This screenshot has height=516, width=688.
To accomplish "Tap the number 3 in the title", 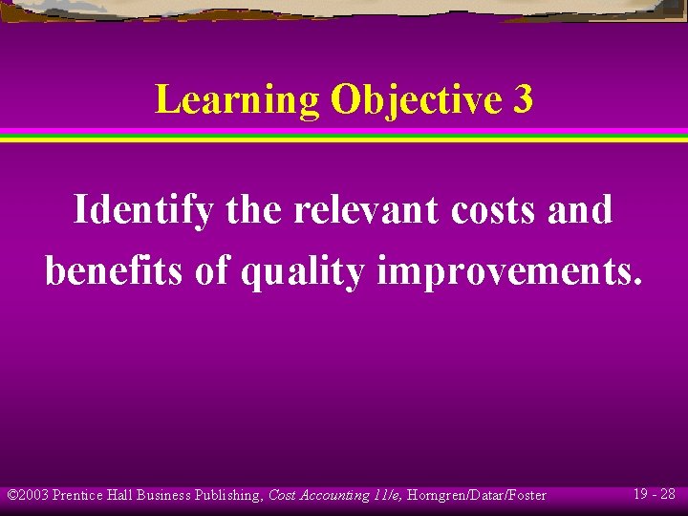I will (x=523, y=99).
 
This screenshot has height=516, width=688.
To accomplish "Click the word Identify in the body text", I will (x=143, y=210).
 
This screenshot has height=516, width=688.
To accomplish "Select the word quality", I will (x=302, y=272).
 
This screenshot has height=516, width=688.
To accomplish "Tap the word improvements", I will (x=509, y=272).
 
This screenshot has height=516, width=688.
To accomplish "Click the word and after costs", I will (x=581, y=210).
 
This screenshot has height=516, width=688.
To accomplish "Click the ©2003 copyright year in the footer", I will (x=28, y=495).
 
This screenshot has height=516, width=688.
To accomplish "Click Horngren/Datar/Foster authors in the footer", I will (x=476, y=495).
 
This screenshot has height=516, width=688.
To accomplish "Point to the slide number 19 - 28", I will (x=655, y=494).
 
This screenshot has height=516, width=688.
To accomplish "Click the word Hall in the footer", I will (x=121, y=495).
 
